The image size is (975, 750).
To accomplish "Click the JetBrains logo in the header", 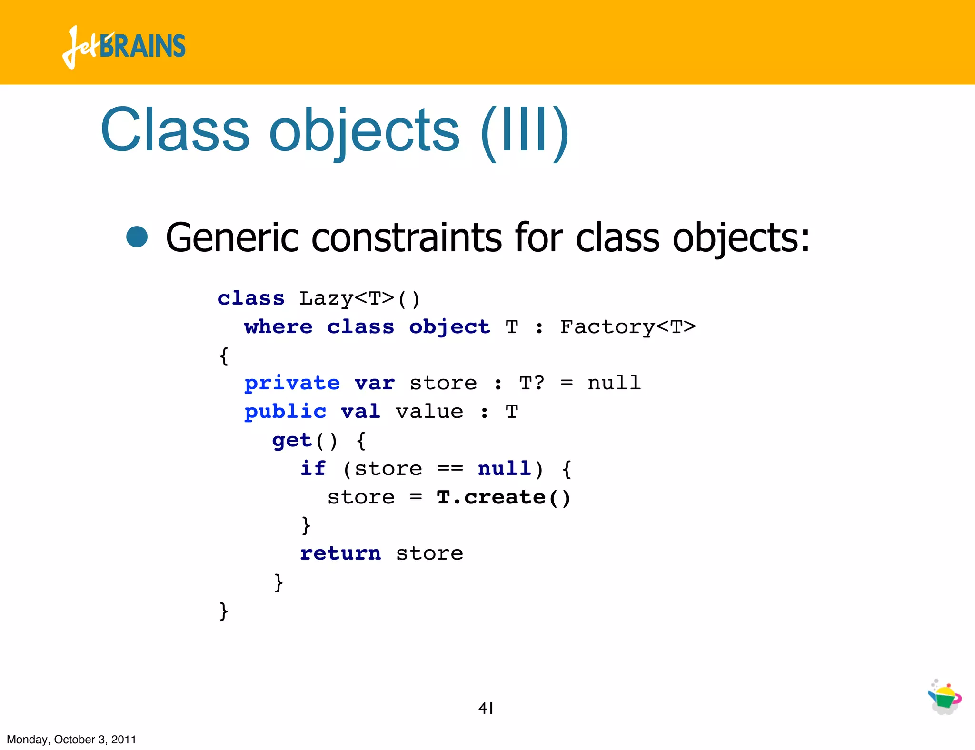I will (124, 47).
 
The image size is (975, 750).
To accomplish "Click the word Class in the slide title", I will (175, 130).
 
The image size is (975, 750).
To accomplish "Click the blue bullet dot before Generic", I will (137, 237).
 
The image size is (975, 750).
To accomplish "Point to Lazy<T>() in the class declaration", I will (359, 299).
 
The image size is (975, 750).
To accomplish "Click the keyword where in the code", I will (279, 327).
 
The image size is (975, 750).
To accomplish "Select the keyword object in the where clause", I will (449, 327).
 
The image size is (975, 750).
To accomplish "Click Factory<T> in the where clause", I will (627, 327).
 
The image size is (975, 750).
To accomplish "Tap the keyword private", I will (292, 384).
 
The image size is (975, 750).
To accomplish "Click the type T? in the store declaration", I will (531, 383).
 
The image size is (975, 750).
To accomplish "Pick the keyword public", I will (285, 412).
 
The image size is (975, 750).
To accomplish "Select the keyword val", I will (360, 412).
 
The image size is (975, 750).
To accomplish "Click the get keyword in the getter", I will (292, 441).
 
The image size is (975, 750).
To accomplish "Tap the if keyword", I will (313, 469).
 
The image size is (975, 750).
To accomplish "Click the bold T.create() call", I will (503, 497).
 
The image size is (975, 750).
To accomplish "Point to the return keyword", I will (340, 553).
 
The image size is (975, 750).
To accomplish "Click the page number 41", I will (486, 708).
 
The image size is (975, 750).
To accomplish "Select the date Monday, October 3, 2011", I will (71, 740).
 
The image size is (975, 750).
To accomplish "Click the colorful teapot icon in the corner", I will (945, 697).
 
